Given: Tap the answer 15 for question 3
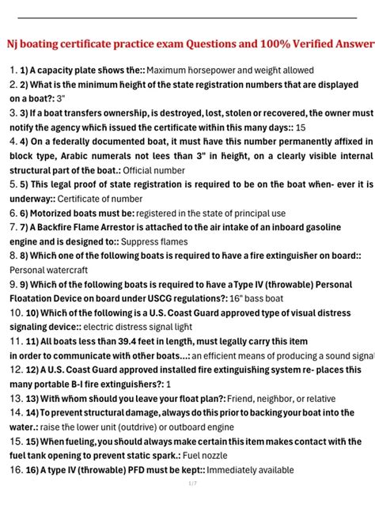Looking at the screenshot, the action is tap(301, 127).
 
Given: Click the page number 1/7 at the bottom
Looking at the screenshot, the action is tap(191, 484).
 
